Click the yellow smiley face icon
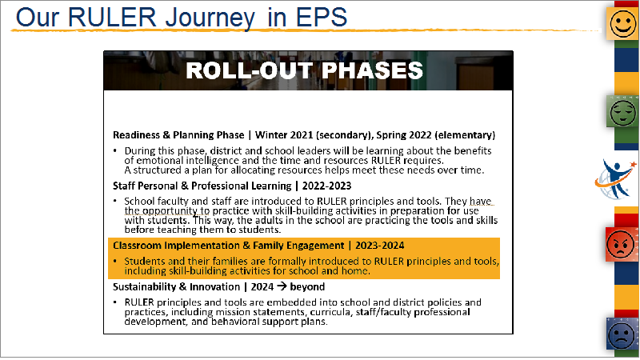tap(623, 24)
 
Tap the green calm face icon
tap(623, 111)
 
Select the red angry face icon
tap(622, 245)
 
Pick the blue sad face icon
tap(622, 334)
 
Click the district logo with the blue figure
tap(616, 179)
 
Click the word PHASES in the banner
tap(372, 70)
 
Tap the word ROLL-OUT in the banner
tap(250, 70)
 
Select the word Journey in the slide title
tap(210, 18)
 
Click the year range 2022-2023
tap(326, 186)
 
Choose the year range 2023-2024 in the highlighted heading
tap(379, 246)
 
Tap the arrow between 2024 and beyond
tap(282, 286)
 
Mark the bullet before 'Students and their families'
tap(115, 261)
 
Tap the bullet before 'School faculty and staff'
tap(115, 202)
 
